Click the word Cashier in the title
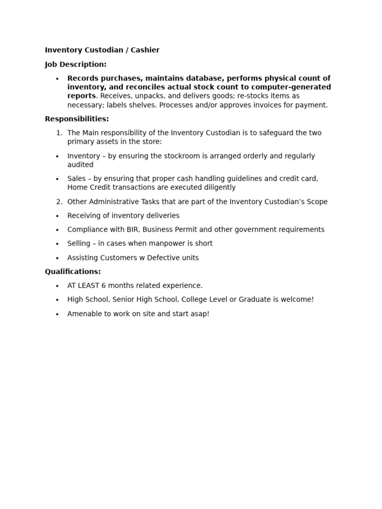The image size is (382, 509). point(145,50)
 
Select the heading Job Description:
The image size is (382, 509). point(76,65)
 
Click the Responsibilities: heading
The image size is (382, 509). point(77,119)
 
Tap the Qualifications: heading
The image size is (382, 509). point(73,272)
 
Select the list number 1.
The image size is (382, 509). point(59,133)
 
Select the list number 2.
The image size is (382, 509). point(59,202)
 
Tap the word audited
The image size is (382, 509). point(80,165)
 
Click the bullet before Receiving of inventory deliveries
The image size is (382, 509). point(57,216)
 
